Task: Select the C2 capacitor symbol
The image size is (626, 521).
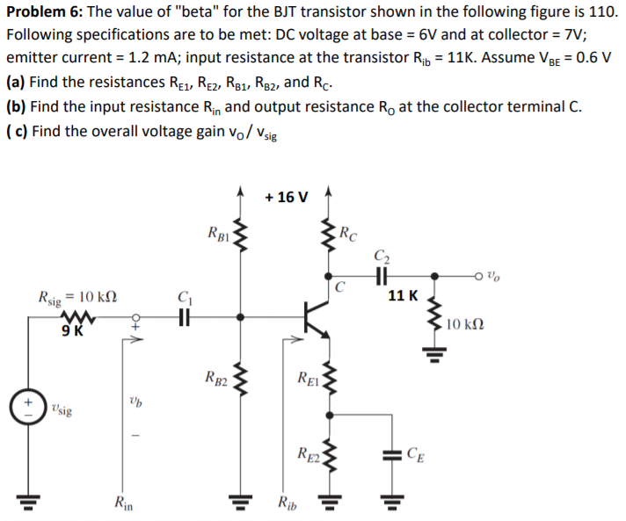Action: (381, 274)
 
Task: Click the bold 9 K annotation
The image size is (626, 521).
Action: (73, 331)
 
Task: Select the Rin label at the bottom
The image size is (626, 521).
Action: (124, 503)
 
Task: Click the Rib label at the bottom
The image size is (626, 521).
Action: (288, 503)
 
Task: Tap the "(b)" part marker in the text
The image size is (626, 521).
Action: (16, 106)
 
